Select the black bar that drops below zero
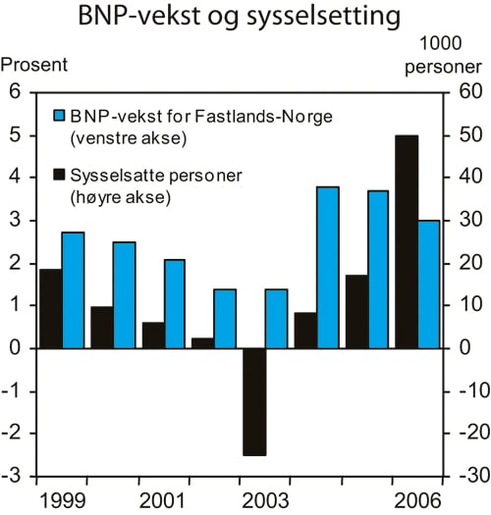[x=253, y=401]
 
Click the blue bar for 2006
[x=429, y=283]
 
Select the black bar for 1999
[x=50, y=308]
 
